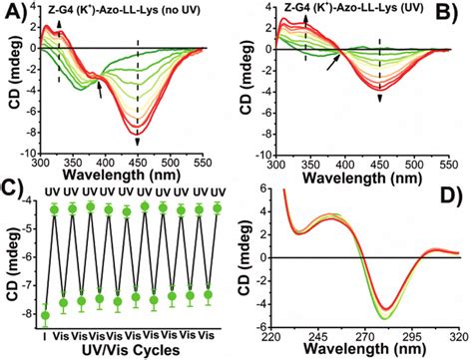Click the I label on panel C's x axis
pyautogui.click(x=43, y=334)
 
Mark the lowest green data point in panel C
pyautogui.click(x=43, y=316)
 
